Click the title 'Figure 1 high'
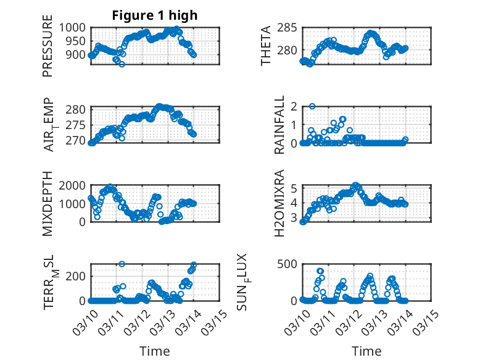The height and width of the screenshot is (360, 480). pos(155,16)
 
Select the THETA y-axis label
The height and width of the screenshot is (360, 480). pos(266,45)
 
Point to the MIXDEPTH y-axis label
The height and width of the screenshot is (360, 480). pos(48,203)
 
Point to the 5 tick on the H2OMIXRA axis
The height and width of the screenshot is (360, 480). pos(295,188)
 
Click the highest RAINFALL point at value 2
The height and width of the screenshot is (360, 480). pos(312,106)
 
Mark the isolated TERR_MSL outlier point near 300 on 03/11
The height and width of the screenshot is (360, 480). pos(122,264)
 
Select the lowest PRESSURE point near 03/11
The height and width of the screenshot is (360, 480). pos(122,64)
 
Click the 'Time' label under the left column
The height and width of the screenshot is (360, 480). pos(155,351)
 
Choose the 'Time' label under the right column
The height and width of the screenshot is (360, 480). pos(366,351)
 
